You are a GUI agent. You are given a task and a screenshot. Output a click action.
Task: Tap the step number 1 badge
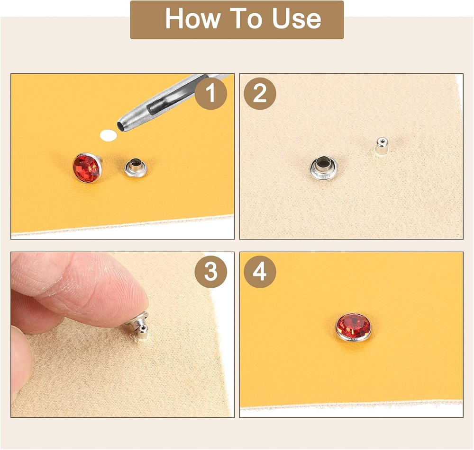coord(211,94)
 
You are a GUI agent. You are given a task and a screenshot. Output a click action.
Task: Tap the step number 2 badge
coord(260,94)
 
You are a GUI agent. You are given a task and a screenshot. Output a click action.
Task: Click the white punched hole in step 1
coord(109,136)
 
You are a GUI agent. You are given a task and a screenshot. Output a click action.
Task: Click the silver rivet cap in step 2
coord(323,168)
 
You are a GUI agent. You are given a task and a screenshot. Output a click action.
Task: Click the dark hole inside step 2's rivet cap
coord(324,165)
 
